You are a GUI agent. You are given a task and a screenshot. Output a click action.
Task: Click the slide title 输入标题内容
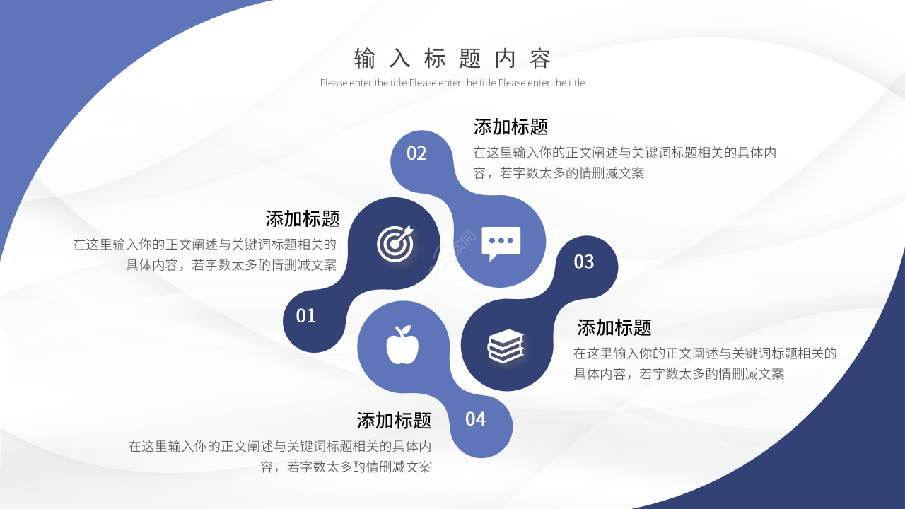452,59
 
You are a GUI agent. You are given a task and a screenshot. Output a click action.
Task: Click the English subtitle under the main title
452,83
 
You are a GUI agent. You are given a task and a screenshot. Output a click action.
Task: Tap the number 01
306,315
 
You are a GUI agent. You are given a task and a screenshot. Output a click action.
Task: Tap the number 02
416,153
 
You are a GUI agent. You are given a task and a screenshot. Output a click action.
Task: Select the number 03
584,262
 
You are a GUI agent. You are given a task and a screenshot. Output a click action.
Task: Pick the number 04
476,419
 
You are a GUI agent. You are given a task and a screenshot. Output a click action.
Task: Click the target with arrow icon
395,243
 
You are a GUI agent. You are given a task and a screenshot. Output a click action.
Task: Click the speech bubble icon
501,242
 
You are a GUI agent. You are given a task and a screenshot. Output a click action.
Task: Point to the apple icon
402,346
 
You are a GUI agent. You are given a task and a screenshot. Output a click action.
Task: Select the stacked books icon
506,346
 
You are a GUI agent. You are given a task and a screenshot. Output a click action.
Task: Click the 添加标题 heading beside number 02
510,127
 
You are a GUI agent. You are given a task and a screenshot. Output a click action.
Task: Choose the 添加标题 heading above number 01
303,218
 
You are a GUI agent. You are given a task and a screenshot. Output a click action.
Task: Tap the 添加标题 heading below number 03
614,327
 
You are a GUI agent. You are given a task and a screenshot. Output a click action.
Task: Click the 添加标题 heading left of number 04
394,421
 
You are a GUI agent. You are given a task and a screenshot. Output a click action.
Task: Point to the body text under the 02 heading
624,163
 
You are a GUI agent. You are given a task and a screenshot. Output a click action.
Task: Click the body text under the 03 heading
704,363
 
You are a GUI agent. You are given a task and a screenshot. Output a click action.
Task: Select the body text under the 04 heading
280,456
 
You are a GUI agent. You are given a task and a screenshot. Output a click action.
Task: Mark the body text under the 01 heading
205,255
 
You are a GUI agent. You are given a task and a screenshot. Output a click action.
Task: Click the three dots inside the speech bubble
501,240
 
